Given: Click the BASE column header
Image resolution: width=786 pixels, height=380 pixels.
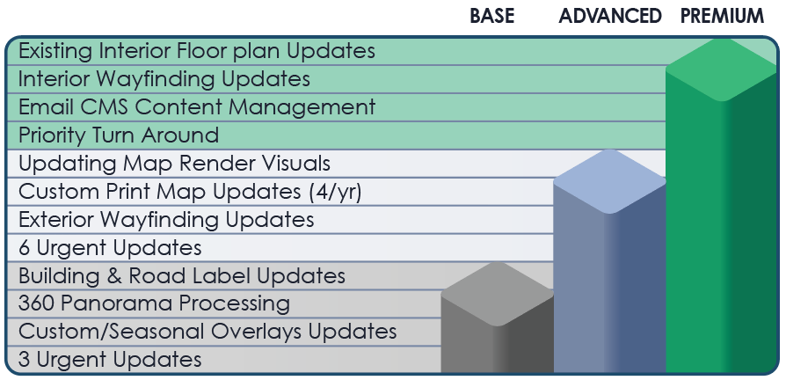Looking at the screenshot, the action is click(x=491, y=16).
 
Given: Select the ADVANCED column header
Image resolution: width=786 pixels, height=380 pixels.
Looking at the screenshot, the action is click(x=610, y=16).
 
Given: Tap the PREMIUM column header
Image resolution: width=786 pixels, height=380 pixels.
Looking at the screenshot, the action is click(x=722, y=16).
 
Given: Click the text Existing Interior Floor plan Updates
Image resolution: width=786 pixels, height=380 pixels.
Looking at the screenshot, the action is click(x=197, y=51).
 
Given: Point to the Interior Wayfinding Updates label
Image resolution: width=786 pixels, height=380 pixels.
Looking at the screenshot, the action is click(x=164, y=79).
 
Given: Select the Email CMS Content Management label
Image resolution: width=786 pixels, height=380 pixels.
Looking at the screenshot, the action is click(x=197, y=107).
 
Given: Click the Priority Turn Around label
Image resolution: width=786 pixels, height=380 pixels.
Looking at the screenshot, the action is click(x=119, y=135).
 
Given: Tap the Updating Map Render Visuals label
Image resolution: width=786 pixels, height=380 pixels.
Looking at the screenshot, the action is click(x=174, y=164).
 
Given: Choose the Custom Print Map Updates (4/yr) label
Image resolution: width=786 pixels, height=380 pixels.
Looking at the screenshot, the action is click(x=190, y=192).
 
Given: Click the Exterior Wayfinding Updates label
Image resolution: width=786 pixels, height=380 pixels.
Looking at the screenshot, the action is click(x=166, y=220).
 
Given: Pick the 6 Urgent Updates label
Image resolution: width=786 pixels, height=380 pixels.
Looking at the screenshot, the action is click(x=110, y=248).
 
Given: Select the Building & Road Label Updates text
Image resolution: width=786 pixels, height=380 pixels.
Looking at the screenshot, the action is click(x=181, y=275).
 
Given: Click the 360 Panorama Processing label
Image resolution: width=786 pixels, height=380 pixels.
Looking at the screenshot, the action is click(x=154, y=303).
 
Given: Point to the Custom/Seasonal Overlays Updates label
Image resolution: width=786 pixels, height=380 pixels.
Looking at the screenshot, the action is click(x=207, y=332).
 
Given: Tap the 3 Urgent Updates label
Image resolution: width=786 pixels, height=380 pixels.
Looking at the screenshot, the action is click(x=110, y=360).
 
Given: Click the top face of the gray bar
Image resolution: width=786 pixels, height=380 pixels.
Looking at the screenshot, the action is click(x=498, y=294).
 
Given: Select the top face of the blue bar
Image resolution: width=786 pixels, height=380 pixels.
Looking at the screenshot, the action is click(x=609, y=181).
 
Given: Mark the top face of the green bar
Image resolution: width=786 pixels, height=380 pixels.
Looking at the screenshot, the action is click(x=722, y=69).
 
